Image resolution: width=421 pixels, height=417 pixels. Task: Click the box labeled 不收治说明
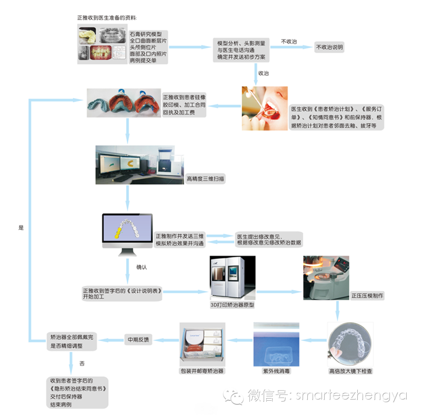point(329,47)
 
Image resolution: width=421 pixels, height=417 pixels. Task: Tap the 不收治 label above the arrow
point(288,41)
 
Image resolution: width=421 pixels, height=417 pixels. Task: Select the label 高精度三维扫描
point(206,179)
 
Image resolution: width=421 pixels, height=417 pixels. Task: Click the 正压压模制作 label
point(367,296)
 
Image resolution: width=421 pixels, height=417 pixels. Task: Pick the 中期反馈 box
point(137,340)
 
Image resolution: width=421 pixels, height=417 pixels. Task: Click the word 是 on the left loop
point(21,228)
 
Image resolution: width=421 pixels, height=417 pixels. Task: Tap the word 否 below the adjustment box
point(82,363)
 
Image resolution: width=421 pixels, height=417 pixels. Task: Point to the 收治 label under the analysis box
point(263,73)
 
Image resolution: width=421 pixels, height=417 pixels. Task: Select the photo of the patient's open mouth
point(264,108)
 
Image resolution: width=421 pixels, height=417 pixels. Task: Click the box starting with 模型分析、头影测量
point(242,49)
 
